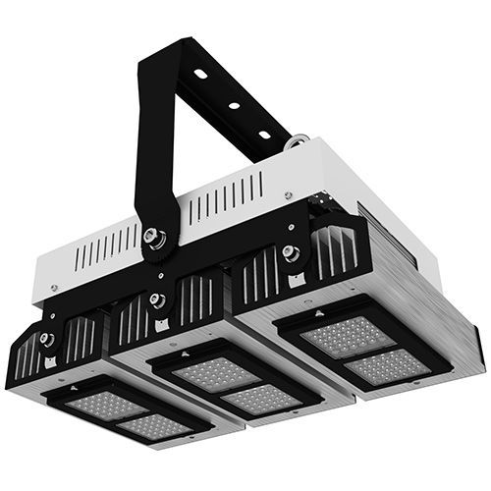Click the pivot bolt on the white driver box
(154, 236)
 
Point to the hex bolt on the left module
(46, 339)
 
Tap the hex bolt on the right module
(289, 252)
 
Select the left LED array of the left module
(90, 405)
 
